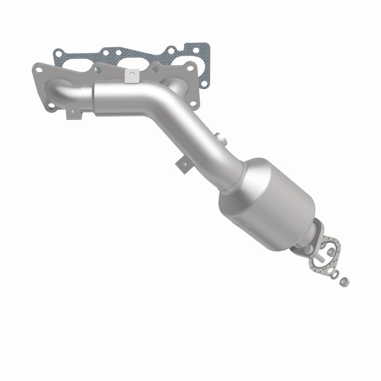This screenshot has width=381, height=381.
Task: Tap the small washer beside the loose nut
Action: (335, 274)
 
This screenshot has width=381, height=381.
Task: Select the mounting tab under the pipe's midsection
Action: (182, 165)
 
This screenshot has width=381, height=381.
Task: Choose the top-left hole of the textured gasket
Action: (58, 54)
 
